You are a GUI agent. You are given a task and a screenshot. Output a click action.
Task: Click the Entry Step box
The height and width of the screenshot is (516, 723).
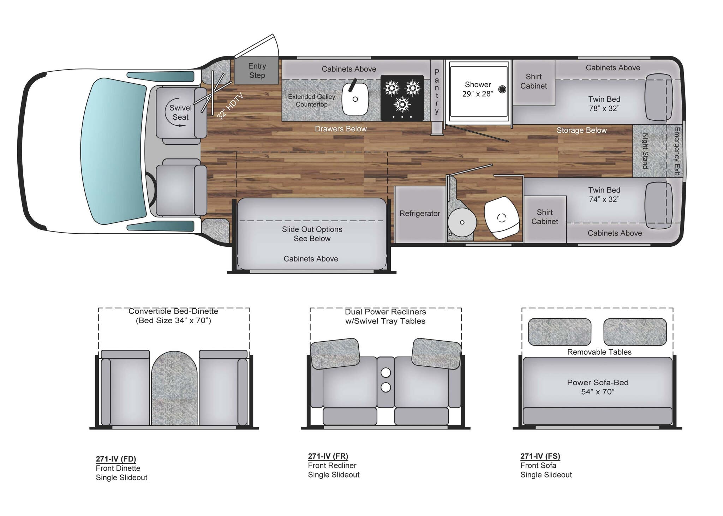(x=257, y=70)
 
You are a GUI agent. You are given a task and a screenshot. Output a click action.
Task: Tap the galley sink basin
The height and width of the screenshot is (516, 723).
(x=355, y=99)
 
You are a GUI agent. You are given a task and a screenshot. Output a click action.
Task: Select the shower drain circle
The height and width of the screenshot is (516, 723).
(x=502, y=89)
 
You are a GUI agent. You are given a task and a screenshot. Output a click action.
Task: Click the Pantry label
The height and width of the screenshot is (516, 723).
(x=437, y=91)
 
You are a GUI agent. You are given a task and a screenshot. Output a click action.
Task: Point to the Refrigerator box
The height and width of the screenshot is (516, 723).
(x=419, y=214)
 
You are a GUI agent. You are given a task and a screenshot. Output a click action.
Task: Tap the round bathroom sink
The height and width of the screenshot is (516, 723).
(x=462, y=222)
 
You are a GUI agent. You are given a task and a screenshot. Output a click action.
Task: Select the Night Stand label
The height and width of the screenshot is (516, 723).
(x=645, y=151)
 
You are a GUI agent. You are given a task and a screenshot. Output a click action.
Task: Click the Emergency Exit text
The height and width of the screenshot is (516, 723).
(x=676, y=151)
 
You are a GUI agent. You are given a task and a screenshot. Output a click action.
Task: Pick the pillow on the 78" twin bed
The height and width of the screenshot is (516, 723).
(x=658, y=97)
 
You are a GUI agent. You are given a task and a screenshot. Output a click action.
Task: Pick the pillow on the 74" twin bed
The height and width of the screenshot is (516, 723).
(x=658, y=205)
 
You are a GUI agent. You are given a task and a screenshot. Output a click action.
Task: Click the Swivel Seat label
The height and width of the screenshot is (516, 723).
(x=180, y=112)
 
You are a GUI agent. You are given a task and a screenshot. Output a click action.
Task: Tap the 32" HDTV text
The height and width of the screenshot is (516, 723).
(x=230, y=106)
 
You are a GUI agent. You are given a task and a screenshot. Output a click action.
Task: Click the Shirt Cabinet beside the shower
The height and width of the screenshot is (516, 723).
(x=533, y=82)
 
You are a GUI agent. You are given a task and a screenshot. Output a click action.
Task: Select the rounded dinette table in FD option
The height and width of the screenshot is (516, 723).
(x=174, y=388)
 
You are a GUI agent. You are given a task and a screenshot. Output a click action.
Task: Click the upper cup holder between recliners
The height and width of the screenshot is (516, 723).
(x=386, y=372)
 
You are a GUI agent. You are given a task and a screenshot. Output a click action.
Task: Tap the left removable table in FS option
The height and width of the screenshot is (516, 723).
(x=559, y=332)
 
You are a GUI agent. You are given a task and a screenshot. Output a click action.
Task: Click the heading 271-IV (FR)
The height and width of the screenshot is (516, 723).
(x=328, y=456)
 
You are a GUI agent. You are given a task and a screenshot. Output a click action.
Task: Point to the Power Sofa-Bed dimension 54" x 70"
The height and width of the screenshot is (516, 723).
(x=597, y=392)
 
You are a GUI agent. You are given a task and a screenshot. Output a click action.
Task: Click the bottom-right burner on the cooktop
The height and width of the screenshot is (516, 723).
(x=402, y=104)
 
